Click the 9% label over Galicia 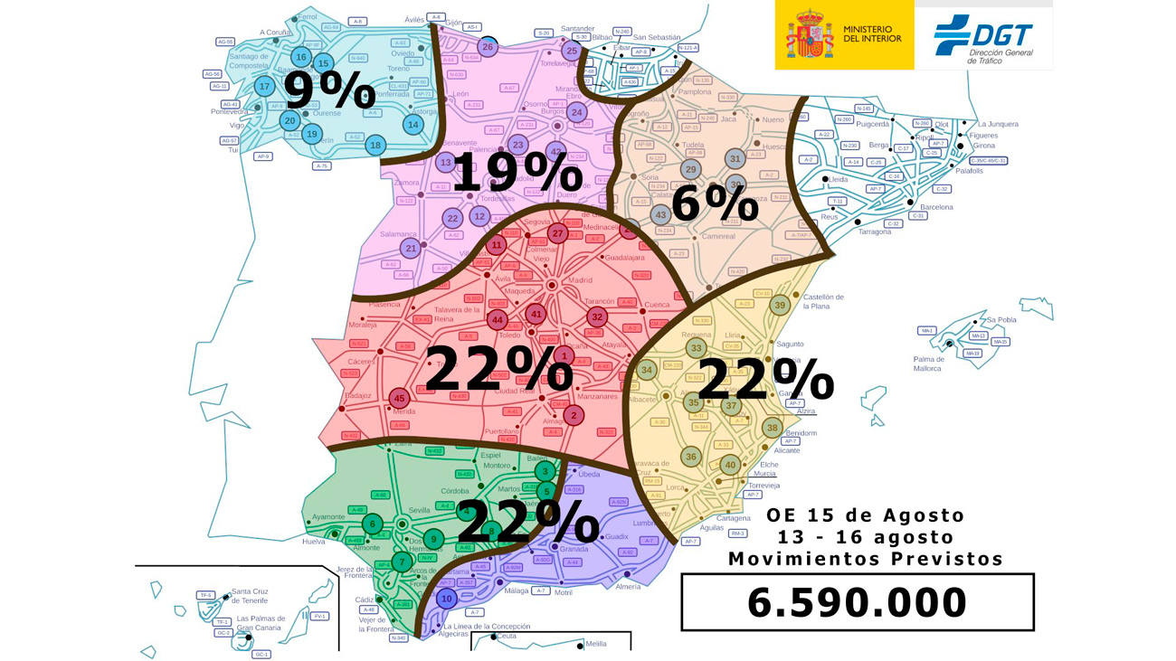(x=329, y=90)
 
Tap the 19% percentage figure (x=517, y=172)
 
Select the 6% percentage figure (x=715, y=203)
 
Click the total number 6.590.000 (x=857, y=602)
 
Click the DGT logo (x=983, y=38)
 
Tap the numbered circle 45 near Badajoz (x=400, y=399)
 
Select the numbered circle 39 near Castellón (x=780, y=306)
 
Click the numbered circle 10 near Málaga (x=446, y=598)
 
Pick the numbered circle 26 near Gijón (x=488, y=47)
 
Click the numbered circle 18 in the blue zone (x=375, y=146)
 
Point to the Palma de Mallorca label (x=927, y=364)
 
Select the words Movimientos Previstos (x=866, y=559)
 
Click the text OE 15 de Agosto (x=866, y=515)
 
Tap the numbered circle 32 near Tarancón (x=596, y=317)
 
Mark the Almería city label (x=628, y=587)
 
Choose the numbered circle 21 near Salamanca (x=411, y=249)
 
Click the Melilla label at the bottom (x=596, y=644)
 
